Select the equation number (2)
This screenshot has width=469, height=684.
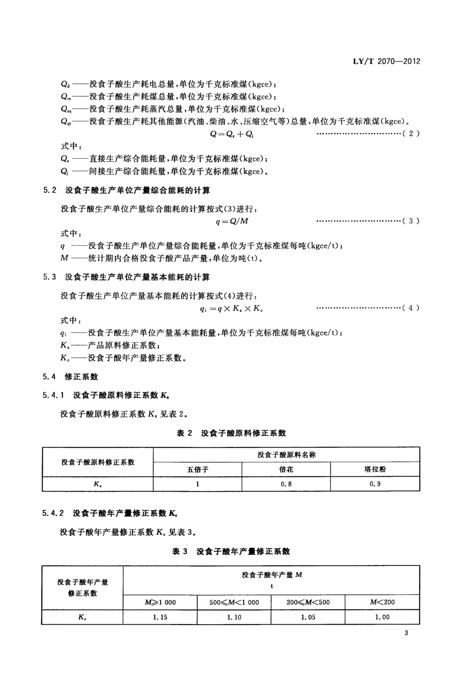411,134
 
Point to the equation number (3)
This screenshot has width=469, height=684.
411,221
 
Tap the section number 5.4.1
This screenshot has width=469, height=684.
53,395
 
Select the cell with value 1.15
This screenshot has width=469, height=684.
160,617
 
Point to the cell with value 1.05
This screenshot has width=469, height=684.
308,617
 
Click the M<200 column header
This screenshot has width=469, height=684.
382,602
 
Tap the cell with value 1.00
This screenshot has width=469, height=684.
382,617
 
